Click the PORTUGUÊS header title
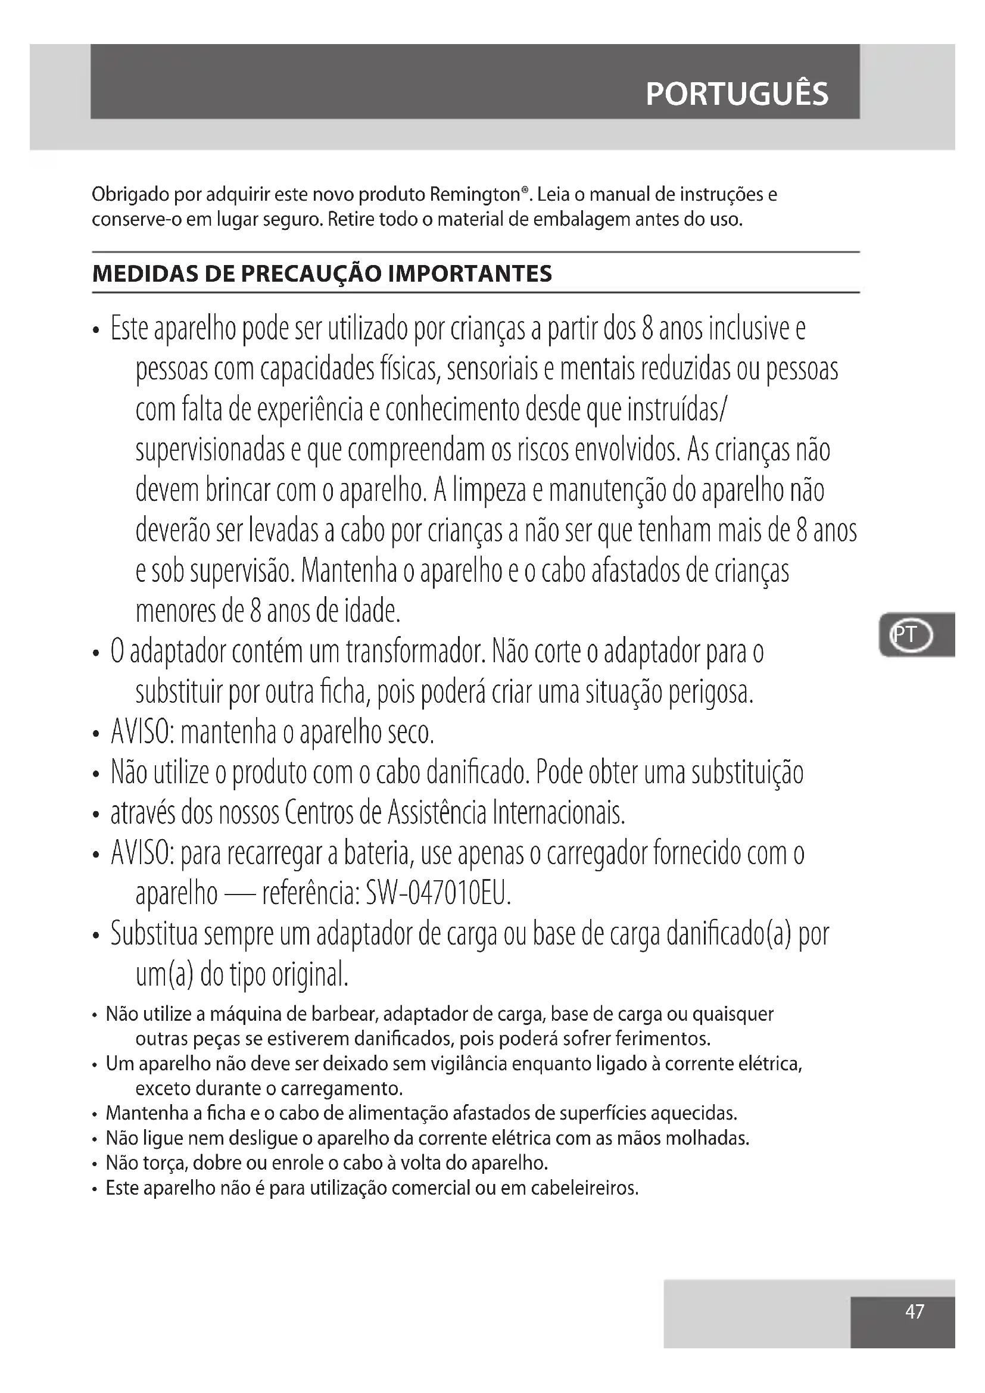click(x=736, y=95)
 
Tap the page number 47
click(x=914, y=1311)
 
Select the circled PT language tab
click(x=910, y=635)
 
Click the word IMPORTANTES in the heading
click(x=470, y=274)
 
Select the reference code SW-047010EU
click(x=438, y=894)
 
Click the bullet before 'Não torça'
click(x=95, y=1164)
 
